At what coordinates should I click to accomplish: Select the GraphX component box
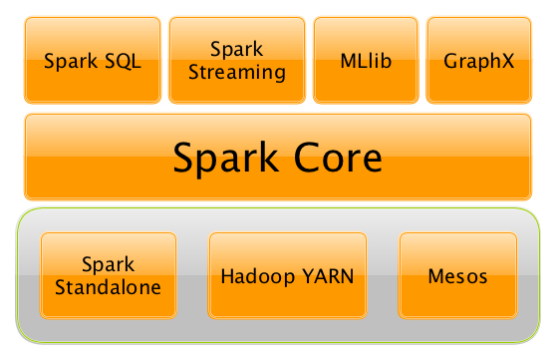click(x=478, y=60)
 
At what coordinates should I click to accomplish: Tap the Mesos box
click(x=457, y=275)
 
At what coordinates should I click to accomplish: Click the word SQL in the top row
click(x=123, y=61)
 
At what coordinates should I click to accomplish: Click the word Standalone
click(x=108, y=286)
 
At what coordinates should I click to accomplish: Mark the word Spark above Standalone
click(x=108, y=264)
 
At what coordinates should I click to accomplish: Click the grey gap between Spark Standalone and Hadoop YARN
click(x=192, y=275)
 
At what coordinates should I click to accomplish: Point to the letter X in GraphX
click(x=508, y=61)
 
